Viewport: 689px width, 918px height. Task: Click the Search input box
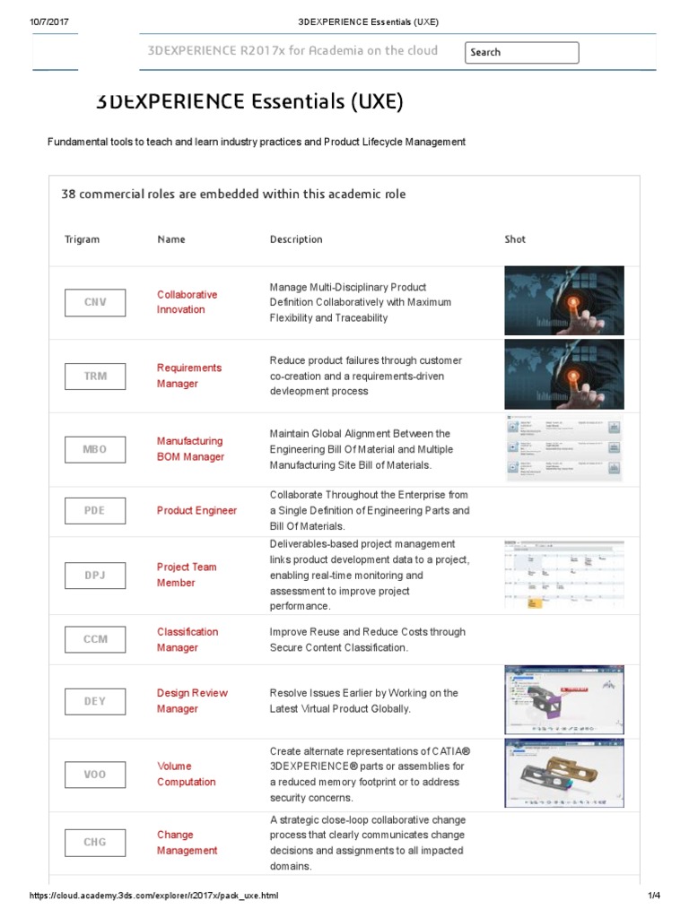click(521, 52)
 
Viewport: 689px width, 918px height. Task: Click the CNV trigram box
click(95, 302)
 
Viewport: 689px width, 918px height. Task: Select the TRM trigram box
click(95, 376)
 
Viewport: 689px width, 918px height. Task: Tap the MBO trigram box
click(95, 449)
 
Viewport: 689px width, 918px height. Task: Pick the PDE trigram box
click(95, 510)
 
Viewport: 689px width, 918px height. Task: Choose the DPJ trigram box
click(95, 575)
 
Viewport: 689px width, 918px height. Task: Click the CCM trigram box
click(95, 639)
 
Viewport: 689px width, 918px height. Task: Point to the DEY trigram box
click(95, 701)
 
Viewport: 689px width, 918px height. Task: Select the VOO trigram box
click(95, 774)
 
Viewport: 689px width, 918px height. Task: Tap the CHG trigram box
click(95, 842)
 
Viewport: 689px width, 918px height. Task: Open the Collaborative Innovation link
click(187, 302)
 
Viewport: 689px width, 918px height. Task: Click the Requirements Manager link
click(188, 376)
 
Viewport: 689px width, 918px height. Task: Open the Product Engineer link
click(196, 510)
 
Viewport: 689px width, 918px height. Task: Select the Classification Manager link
click(187, 639)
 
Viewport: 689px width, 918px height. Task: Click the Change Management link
click(187, 842)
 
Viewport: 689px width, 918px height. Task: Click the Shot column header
click(515, 239)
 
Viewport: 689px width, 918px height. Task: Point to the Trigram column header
click(82, 239)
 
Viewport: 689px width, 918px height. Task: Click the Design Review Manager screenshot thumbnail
click(564, 701)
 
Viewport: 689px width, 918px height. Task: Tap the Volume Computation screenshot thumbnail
click(564, 774)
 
